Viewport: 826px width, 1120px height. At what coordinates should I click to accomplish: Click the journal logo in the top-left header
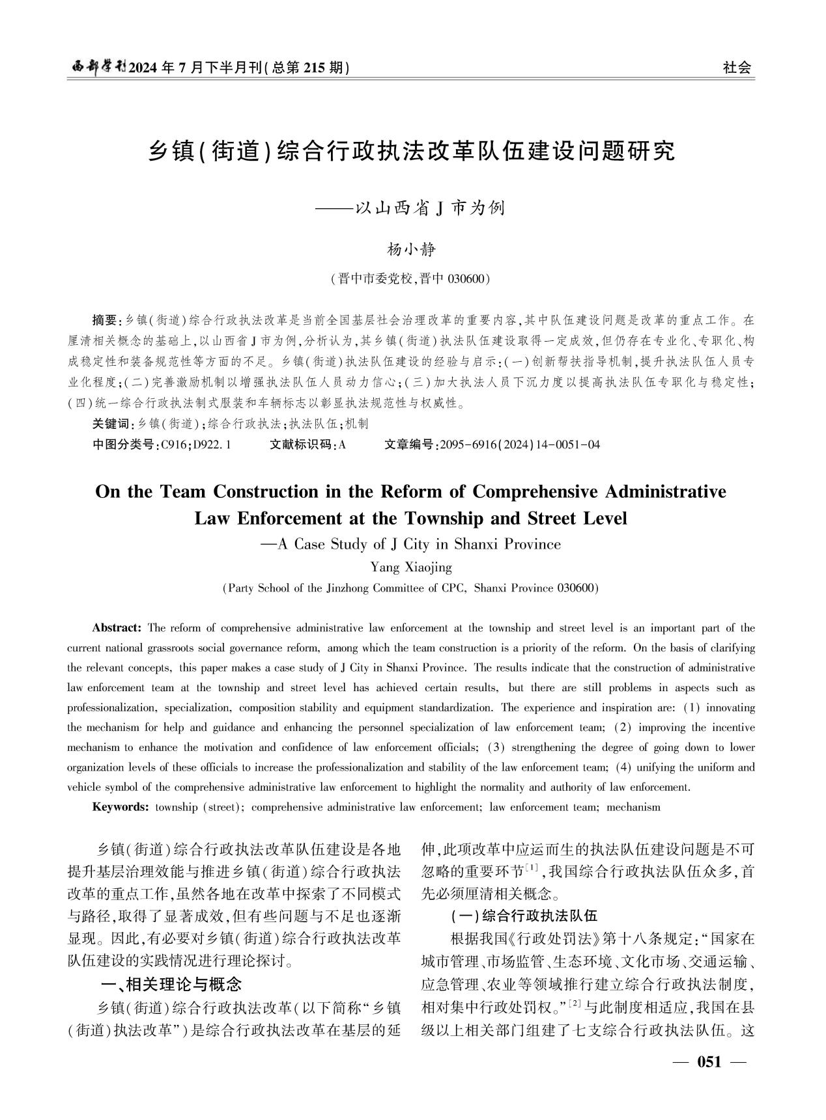tap(98, 67)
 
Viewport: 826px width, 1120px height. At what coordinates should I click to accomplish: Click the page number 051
tap(709, 1062)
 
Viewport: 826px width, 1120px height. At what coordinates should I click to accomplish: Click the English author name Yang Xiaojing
tap(410, 567)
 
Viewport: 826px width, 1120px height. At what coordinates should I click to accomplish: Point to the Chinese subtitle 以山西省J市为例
tap(430, 208)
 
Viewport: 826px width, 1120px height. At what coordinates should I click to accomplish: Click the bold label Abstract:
tap(117, 628)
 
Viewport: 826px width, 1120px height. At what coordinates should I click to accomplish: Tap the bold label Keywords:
tap(121, 807)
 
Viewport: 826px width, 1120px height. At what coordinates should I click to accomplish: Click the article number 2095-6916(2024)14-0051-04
tap(520, 445)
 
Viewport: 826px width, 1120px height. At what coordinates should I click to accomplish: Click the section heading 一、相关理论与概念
tap(168, 983)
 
